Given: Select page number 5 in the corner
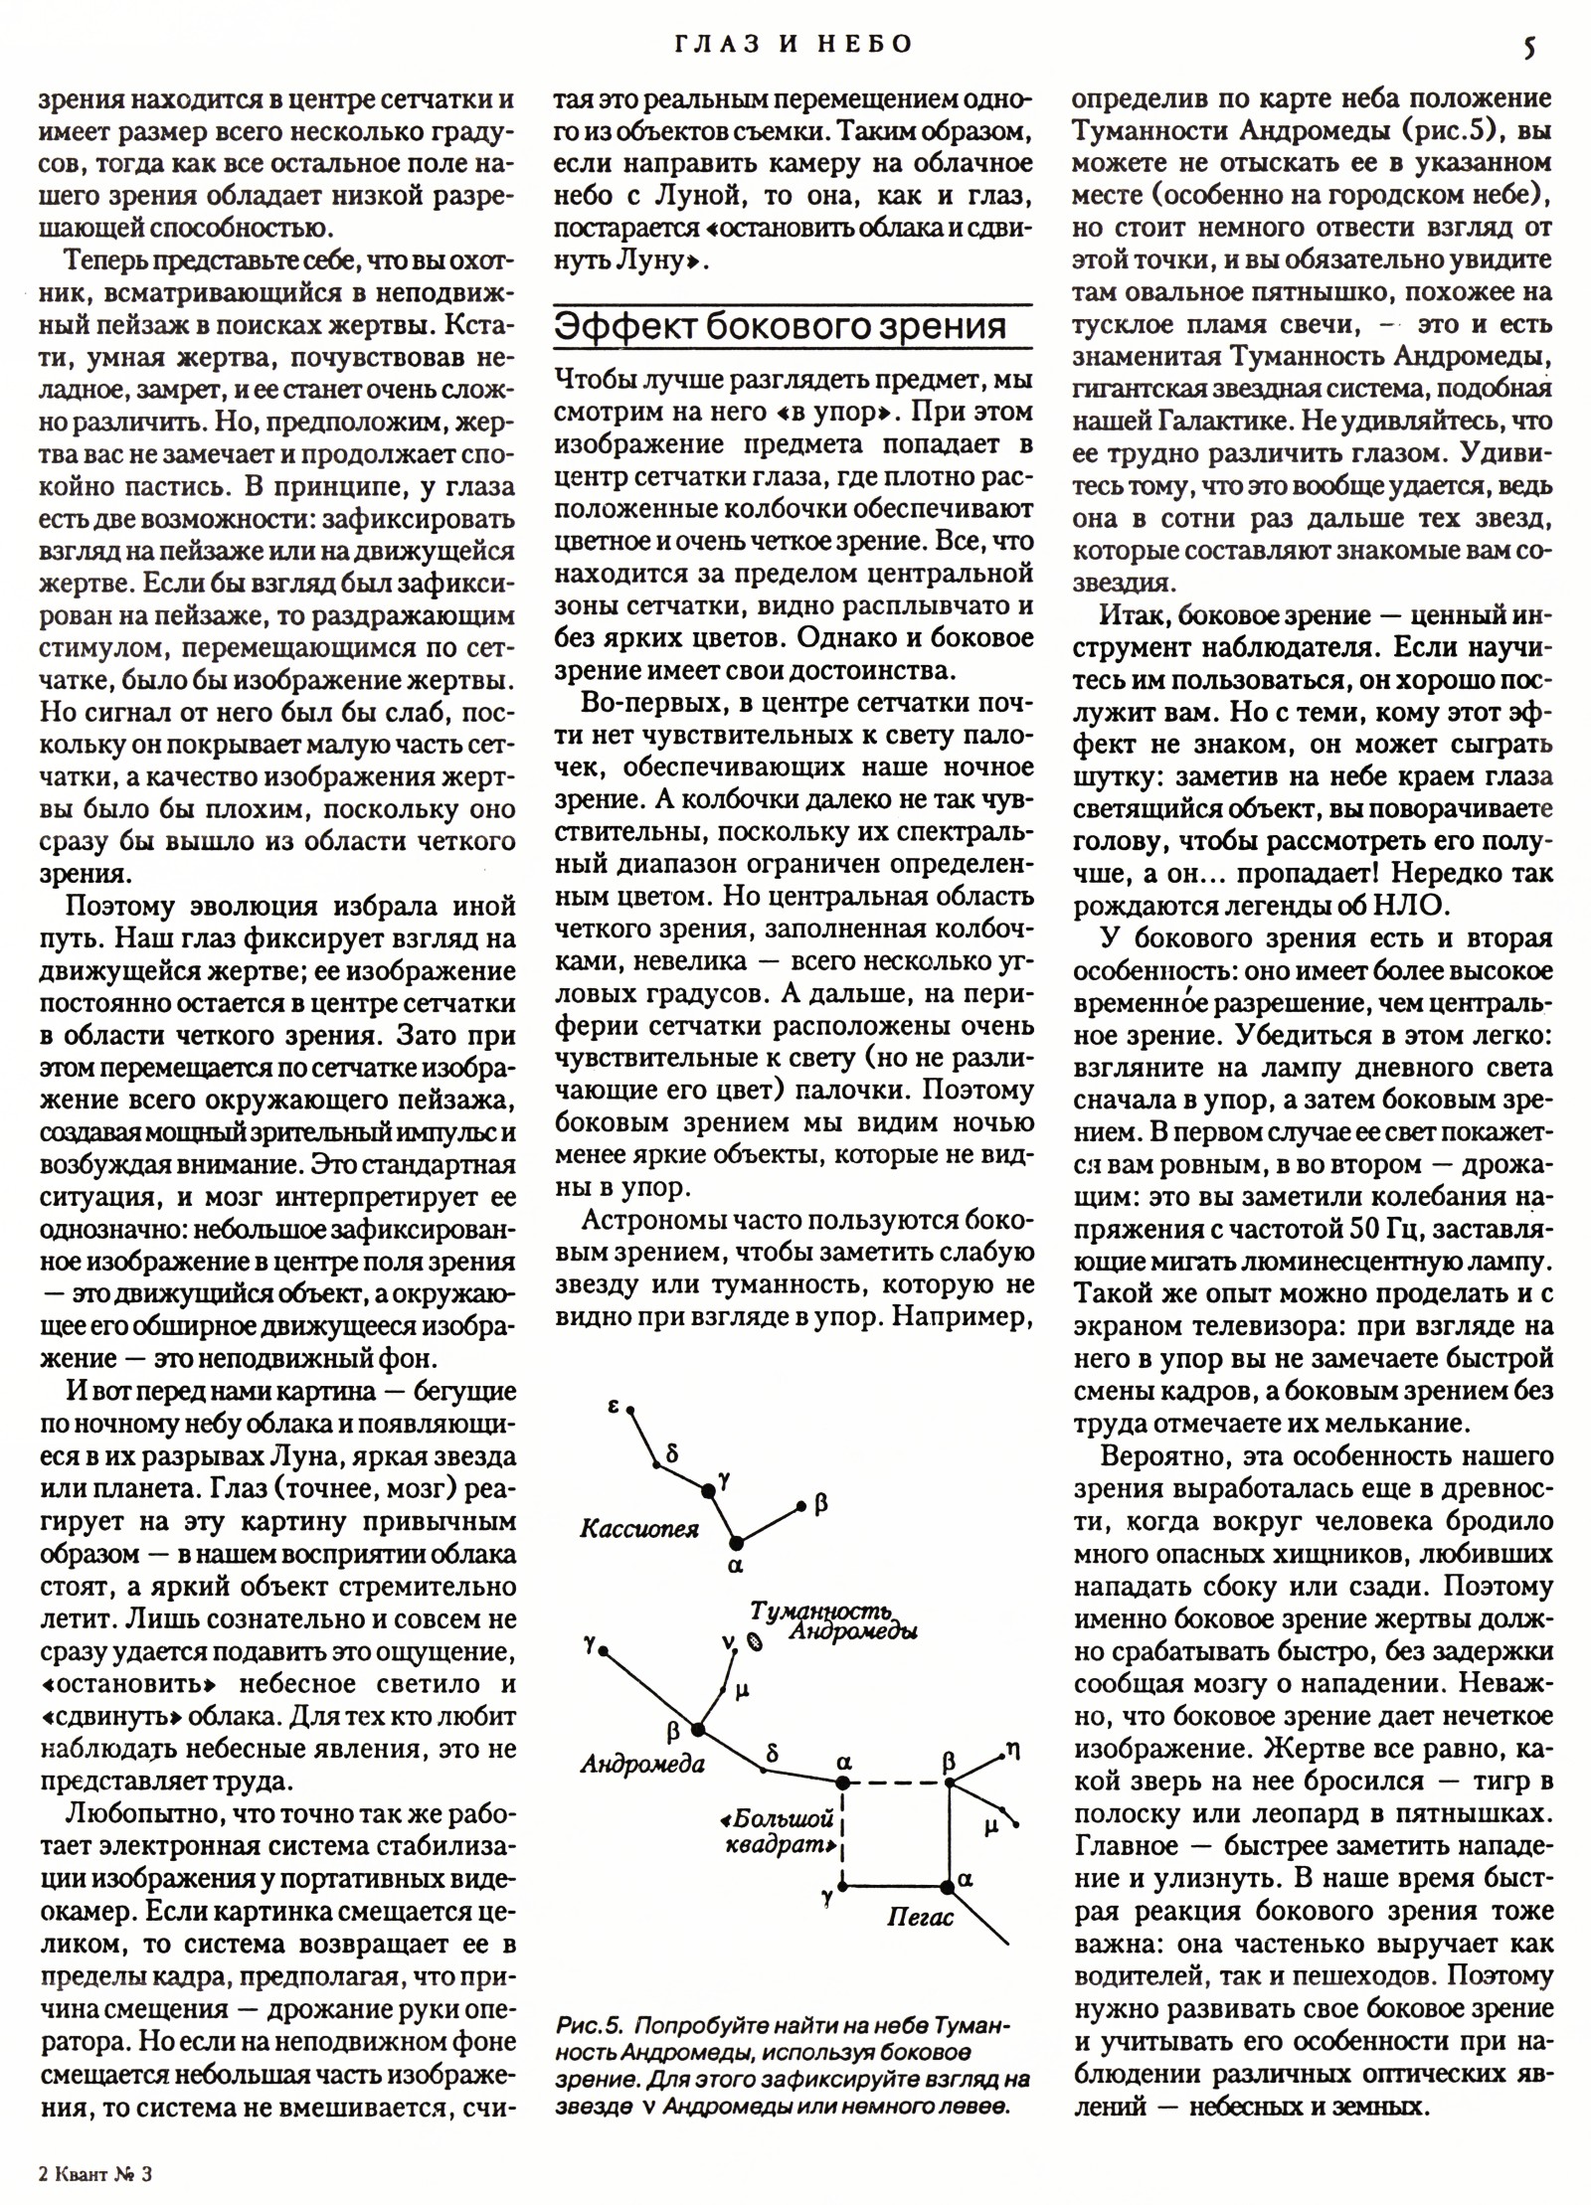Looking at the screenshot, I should (1530, 47).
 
